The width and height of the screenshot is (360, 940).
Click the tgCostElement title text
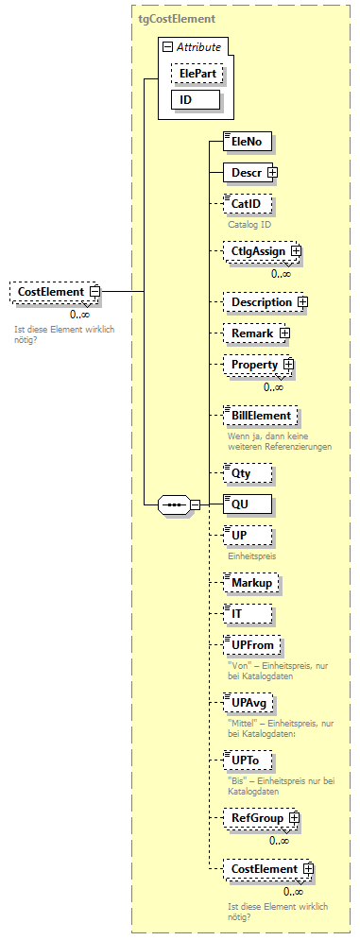pos(177,18)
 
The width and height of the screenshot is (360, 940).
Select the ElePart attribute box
pos(197,72)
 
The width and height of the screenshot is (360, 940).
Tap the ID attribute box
pos(196,99)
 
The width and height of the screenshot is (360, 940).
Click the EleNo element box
pos(248,142)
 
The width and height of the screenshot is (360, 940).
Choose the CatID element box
pos(248,203)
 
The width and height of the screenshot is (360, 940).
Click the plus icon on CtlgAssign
pos(296,252)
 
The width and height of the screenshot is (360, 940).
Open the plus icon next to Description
pos(303,302)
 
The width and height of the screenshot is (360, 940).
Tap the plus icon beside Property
pos(289,365)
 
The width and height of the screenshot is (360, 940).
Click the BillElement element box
pos(261,415)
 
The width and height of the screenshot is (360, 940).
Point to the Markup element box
pos(251,584)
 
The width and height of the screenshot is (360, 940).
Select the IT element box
pos(248,614)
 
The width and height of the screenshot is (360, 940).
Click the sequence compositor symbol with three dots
pos(175,504)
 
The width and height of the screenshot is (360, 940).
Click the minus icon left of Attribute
pos(167,46)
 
